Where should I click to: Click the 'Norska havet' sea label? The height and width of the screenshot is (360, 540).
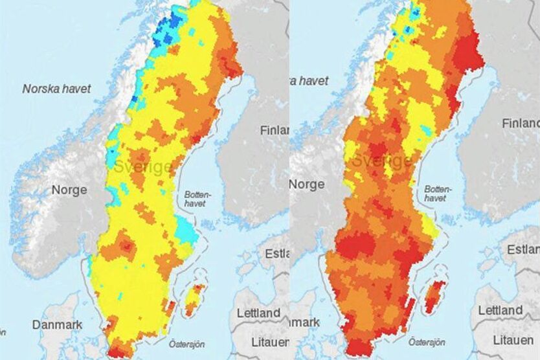[x=57, y=89]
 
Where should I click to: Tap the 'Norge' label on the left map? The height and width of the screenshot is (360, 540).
[x=71, y=192]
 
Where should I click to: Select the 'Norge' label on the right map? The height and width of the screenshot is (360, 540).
[x=306, y=185]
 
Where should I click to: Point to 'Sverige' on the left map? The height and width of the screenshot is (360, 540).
[x=143, y=167]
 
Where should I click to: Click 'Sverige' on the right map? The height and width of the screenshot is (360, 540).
[x=383, y=161]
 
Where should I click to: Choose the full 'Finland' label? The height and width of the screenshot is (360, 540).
[x=521, y=123]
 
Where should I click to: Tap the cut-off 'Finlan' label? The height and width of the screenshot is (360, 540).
[x=274, y=130]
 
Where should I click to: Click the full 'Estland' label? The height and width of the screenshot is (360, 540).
[x=522, y=250]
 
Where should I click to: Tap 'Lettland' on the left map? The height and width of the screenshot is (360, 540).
[x=258, y=313]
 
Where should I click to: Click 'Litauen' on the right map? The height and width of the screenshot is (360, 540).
[x=513, y=340]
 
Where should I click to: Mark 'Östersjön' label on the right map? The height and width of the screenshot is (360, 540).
[x=427, y=341]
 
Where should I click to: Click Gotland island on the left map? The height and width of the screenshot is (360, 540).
[x=194, y=299]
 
